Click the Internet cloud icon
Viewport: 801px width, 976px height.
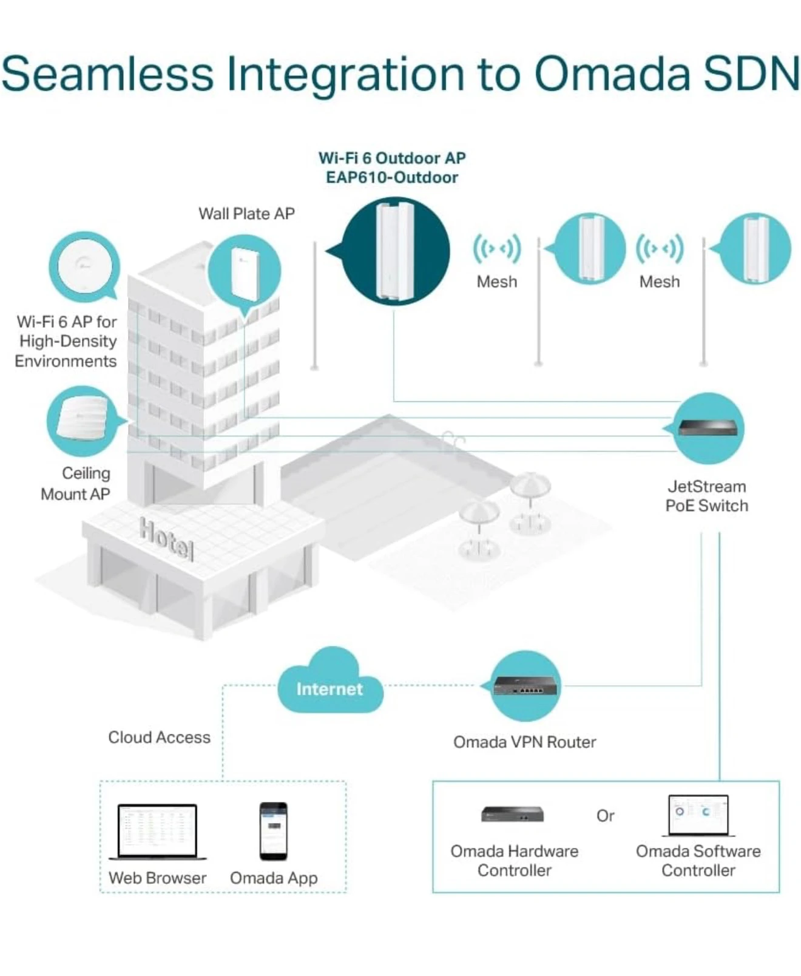(x=330, y=683)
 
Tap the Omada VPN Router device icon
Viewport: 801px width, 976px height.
(x=526, y=686)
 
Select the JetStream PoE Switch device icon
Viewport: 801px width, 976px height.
(x=708, y=428)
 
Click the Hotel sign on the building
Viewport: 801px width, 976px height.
(x=166, y=538)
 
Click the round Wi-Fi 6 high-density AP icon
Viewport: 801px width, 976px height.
(x=84, y=266)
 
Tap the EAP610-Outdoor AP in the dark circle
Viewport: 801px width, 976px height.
(x=395, y=250)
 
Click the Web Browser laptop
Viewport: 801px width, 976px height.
(x=157, y=831)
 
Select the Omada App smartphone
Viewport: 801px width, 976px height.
(x=274, y=831)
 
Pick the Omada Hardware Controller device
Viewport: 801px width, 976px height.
(x=513, y=814)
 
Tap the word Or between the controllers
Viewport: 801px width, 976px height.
(x=605, y=815)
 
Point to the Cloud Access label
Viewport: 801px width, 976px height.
(x=159, y=737)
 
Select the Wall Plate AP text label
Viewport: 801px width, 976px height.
(x=246, y=214)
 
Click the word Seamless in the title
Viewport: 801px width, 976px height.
(x=107, y=74)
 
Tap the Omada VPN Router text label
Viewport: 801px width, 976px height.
(x=524, y=742)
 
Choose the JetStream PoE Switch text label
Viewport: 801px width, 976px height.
(x=706, y=496)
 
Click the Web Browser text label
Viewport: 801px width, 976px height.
(x=157, y=878)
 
